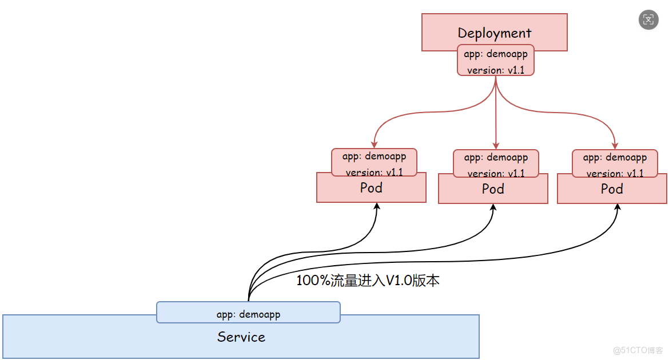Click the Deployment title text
coord(494,33)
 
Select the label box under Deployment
coord(495,61)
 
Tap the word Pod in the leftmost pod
coord(371,187)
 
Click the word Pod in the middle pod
coord(493,189)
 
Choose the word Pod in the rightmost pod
coord(612,189)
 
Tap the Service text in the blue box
coord(241,337)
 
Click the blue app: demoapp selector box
coord(248,313)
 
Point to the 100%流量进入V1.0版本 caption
coord(368,281)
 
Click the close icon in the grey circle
coord(648,19)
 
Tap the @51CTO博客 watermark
coord(638,350)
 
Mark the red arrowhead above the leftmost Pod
coord(375,145)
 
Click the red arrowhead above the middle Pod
coord(496,145)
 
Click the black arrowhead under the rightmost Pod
coord(617,208)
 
